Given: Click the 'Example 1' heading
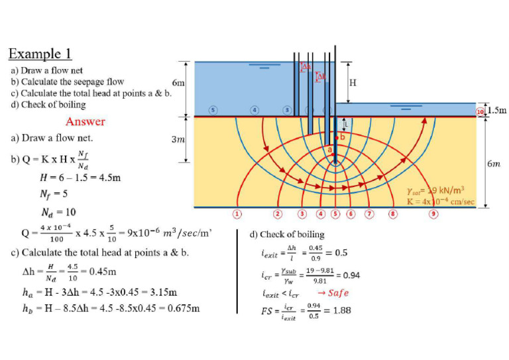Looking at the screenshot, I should click(x=40, y=54).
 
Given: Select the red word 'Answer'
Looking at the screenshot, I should click(x=85, y=121).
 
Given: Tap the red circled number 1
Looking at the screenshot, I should click(x=237, y=213).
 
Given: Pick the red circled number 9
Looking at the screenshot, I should click(x=433, y=213).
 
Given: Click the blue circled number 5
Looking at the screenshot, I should click(x=213, y=109).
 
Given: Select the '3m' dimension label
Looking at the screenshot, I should click(x=178, y=140).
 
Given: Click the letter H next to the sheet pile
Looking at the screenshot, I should click(x=352, y=83).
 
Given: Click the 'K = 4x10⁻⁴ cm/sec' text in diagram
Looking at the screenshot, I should click(x=441, y=202).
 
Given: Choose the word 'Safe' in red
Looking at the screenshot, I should click(x=338, y=292).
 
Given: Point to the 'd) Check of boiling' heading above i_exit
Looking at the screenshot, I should click(x=286, y=234).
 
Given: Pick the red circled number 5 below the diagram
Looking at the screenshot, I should click(x=335, y=213).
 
